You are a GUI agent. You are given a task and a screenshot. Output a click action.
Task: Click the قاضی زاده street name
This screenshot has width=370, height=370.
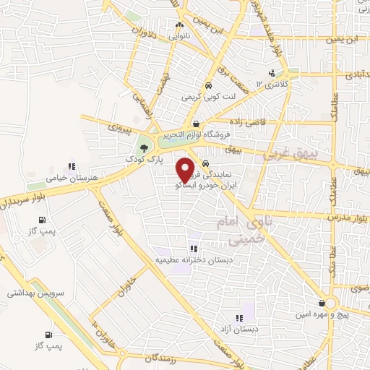tap(246, 121)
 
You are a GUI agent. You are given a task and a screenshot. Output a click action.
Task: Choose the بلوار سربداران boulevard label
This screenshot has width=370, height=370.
tap(22, 197)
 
